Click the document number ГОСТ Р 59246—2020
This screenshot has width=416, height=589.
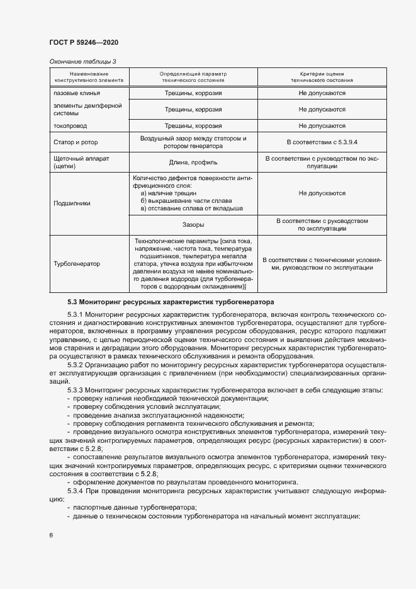point(84,42)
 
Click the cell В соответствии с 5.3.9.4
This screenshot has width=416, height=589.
point(321,142)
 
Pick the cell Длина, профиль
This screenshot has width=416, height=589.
point(193,163)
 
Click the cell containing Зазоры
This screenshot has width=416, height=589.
point(193,224)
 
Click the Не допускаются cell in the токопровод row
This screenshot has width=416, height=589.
point(321,125)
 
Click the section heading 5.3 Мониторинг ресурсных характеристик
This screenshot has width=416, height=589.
point(167,302)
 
